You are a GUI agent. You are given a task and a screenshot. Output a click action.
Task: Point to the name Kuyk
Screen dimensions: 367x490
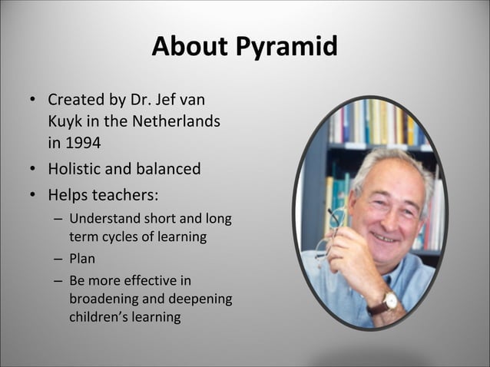point(66,121)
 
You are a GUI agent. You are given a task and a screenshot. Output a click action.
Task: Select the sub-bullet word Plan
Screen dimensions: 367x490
point(82,259)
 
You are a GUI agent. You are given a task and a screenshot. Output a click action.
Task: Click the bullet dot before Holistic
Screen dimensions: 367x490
point(33,169)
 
